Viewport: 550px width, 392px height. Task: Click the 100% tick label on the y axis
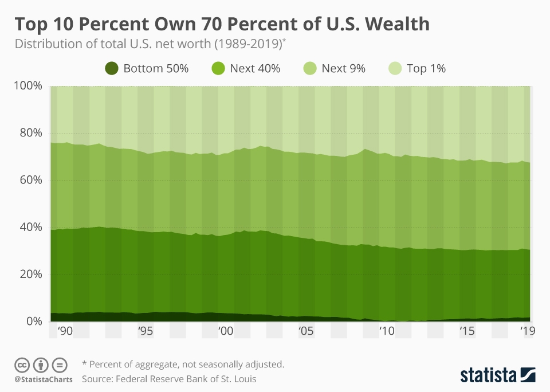(28, 86)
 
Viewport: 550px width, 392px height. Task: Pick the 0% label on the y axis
(33, 322)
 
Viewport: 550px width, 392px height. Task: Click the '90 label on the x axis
(64, 331)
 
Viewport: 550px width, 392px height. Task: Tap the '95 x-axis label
(144, 331)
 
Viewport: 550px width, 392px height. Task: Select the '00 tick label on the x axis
(225, 331)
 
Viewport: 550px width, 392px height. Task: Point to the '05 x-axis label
(305, 331)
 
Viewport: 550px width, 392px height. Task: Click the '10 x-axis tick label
(386, 331)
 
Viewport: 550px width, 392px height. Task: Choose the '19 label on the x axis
(525, 331)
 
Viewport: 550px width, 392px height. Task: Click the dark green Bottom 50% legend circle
(112, 69)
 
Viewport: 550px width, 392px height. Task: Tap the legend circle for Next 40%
(219, 69)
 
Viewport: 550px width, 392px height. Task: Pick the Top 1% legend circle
(395, 69)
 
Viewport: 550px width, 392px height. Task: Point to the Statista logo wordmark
(489, 375)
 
